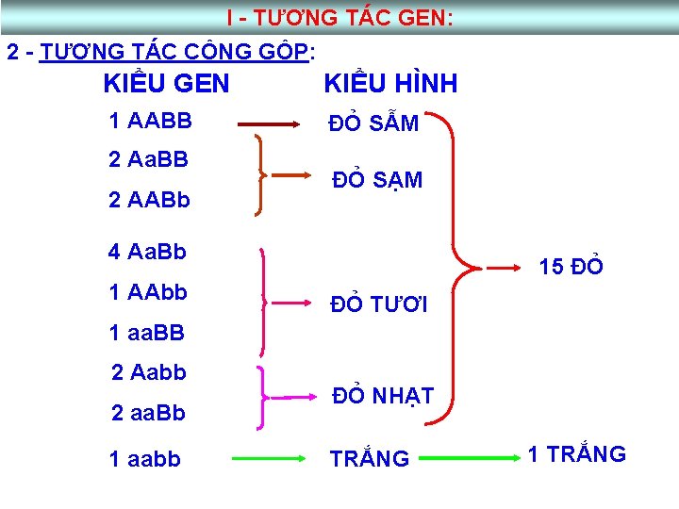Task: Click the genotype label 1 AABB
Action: [x=150, y=122]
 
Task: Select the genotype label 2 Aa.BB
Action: [x=148, y=159]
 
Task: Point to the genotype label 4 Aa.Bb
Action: [x=147, y=252]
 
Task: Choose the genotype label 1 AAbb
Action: [x=148, y=293]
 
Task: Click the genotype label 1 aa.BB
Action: [x=146, y=333]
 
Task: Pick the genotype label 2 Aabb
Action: [x=149, y=372]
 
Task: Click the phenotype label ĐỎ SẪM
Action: [x=373, y=123]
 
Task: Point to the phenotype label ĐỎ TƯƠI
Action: [x=378, y=304]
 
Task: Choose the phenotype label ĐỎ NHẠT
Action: [x=382, y=397]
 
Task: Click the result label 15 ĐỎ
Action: [x=571, y=267]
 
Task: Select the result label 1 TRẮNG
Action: [x=576, y=454]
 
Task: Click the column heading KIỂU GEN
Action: [x=166, y=84]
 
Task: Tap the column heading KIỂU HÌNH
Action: [x=390, y=84]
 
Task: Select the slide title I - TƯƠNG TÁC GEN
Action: [x=339, y=18]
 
